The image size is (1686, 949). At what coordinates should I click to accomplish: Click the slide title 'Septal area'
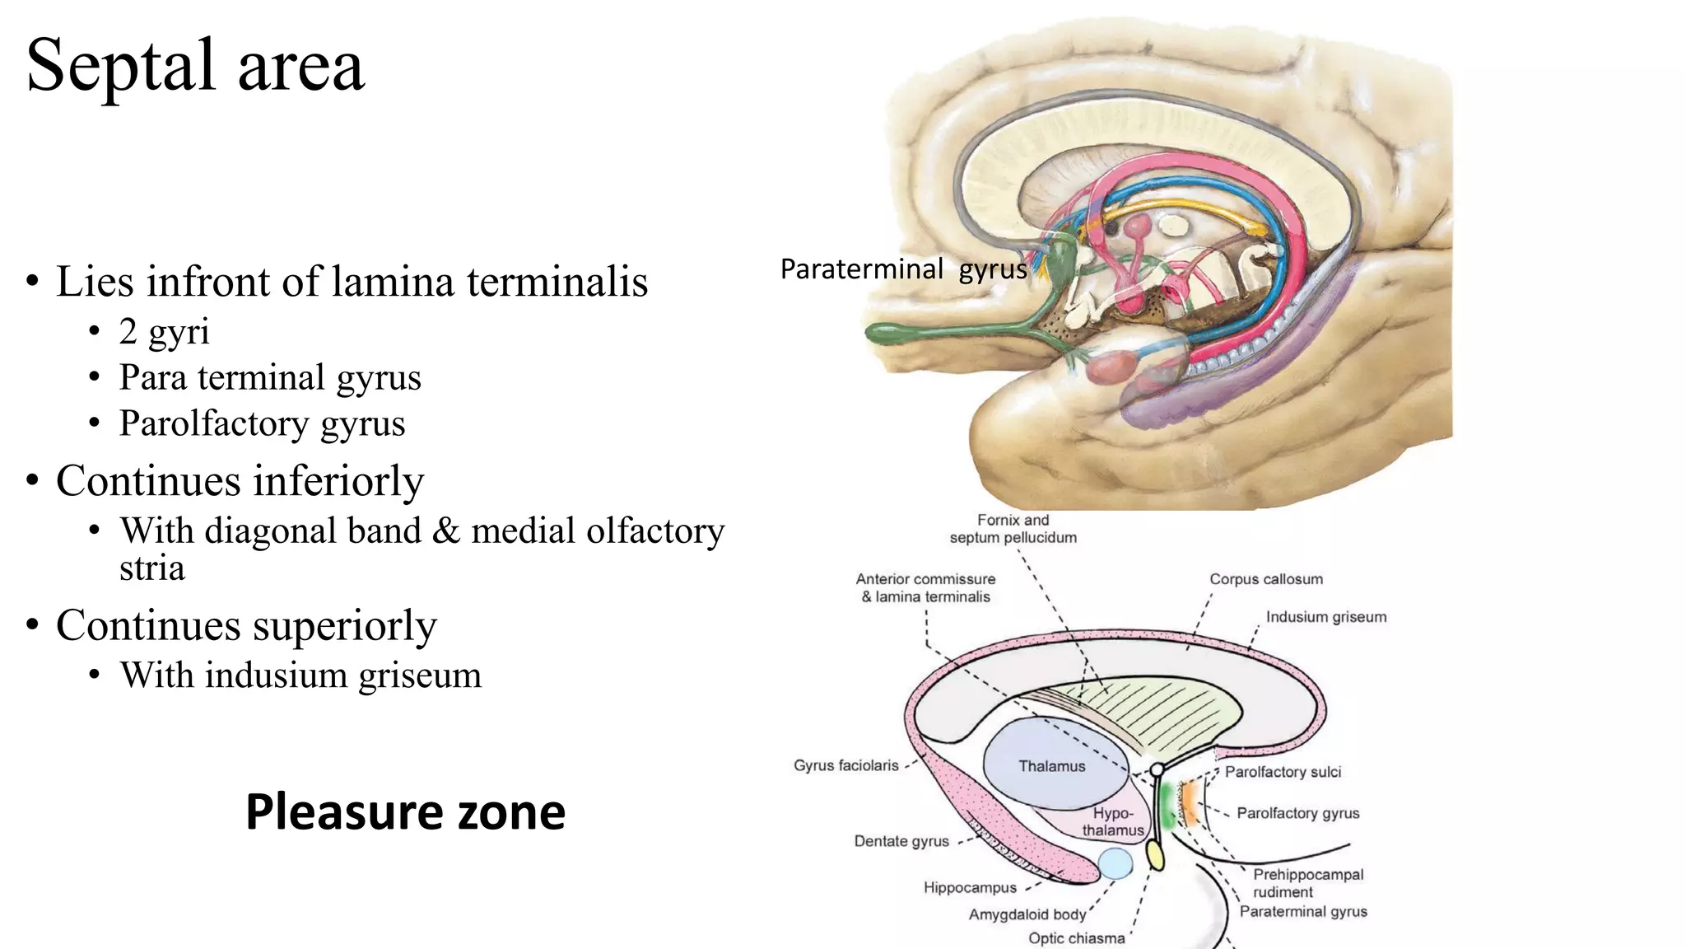tap(195, 65)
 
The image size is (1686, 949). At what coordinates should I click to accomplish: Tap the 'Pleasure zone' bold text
tap(405, 811)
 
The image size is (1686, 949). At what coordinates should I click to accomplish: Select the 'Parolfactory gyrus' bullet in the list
tap(262, 423)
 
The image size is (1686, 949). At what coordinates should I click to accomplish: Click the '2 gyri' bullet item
tap(164, 331)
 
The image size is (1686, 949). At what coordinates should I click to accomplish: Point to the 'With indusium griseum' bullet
tap(300, 675)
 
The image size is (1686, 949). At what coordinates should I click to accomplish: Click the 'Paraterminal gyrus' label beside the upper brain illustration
tap(903, 269)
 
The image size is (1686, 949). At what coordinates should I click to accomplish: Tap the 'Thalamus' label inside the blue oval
tap(1051, 766)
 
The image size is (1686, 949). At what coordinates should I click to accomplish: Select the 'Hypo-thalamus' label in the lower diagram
tap(1113, 822)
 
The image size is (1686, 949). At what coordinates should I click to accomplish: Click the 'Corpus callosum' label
tap(1266, 579)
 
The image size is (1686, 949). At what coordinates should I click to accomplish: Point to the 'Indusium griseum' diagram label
tap(1325, 617)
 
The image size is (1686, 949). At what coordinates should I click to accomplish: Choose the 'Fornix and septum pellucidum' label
tap(1013, 529)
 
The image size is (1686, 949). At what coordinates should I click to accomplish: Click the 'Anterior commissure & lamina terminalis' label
tap(925, 588)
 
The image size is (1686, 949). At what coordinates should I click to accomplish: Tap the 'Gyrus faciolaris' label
tap(845, 765)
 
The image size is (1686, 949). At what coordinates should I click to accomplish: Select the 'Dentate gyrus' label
tap(901, 841)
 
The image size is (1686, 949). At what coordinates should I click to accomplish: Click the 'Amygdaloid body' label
tap(1027, 914)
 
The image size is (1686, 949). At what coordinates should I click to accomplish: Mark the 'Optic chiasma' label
tap(1076, 938)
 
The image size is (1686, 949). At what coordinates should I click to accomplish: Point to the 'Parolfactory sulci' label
tap(1283, 772)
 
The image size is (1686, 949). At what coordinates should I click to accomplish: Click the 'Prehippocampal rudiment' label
tap(1307, 883)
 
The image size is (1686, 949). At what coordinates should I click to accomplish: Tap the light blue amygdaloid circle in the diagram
tap(1115, 864)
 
